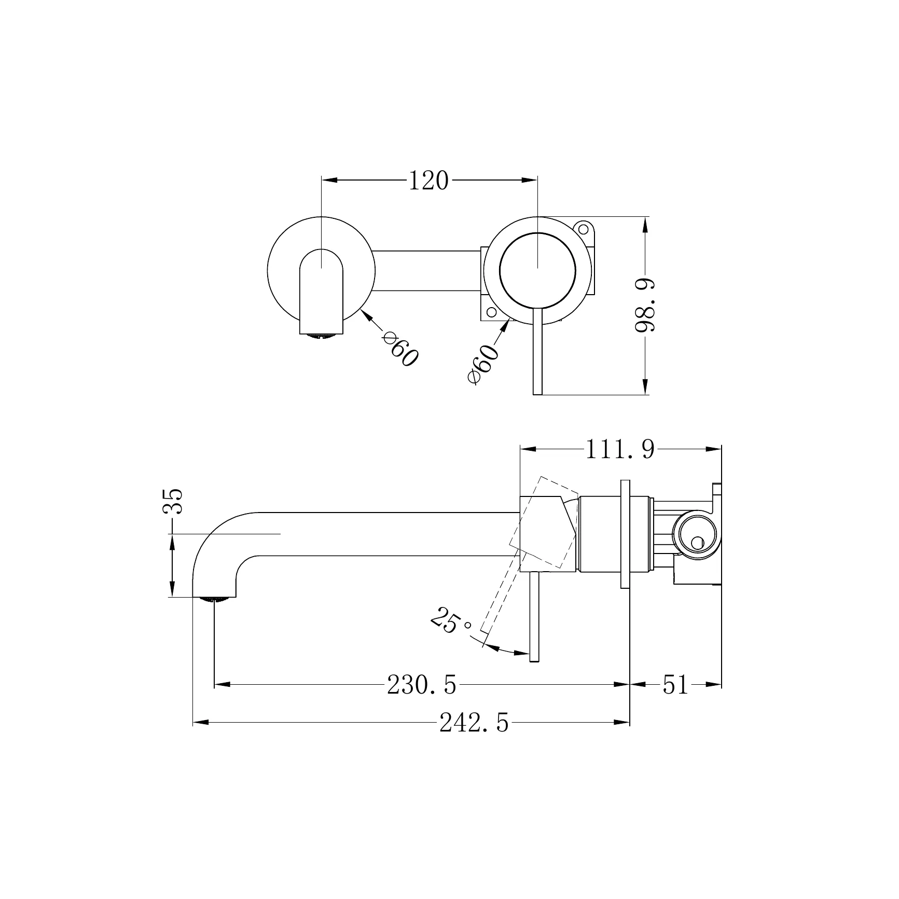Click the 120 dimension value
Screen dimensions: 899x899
click(x=428, y=181)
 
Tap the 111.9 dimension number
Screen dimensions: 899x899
click(x=620, y=449)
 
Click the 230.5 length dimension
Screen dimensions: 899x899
click(x=422, y=685)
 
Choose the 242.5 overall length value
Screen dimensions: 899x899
click(x=474, y=723)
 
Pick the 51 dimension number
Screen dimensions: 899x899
click(x=675, y=685)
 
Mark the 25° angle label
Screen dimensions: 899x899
click(x=450, y=620)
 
